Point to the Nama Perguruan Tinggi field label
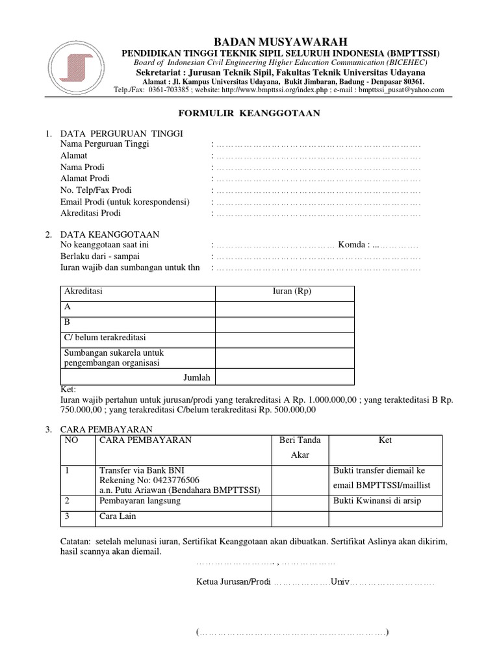pyautogui.click(x=105, y=144)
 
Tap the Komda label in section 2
pyautogui.click(x=353, y=245)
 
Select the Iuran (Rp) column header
pyautogui.click(x=292, y=292)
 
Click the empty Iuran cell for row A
pyautogui.click(x=285, y=308)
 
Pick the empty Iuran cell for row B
pyautogui.click(x=285, y=323)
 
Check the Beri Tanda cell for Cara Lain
pyautogui.click(x=300, y=518)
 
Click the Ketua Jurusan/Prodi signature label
pyautogui.click(x=233, y=582)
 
